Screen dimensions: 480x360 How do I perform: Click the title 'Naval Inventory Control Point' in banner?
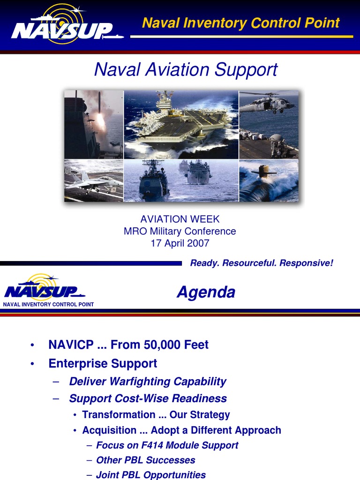240,22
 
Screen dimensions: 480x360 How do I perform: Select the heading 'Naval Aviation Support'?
186,70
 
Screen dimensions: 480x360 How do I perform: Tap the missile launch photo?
94,124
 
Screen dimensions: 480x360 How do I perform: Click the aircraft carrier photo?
181,124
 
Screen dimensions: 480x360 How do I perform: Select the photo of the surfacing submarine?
269,181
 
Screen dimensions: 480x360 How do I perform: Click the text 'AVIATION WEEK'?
180,219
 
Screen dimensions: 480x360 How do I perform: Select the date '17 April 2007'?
180,243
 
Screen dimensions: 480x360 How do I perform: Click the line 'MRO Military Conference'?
180,231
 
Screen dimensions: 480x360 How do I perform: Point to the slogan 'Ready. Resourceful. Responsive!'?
262,263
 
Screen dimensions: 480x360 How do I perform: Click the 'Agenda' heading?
206,292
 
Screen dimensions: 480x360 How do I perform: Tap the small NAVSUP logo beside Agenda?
45,288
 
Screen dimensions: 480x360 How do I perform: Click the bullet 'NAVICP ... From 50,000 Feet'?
128,345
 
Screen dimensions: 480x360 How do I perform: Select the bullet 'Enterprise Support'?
103,363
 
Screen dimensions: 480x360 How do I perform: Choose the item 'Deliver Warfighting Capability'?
148,382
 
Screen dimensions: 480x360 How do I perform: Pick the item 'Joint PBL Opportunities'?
151,475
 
